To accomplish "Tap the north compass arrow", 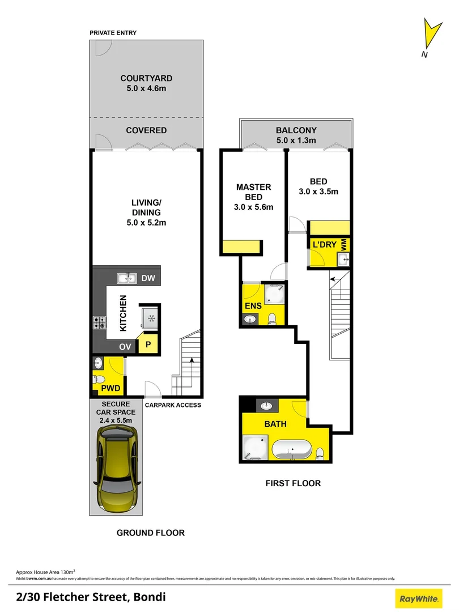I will (431, 36).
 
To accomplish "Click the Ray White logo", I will (419, 598).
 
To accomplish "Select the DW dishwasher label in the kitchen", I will (148, 278).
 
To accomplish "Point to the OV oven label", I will (125, 346).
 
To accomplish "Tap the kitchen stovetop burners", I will (99, 322).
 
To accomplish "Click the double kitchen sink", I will (127, 278).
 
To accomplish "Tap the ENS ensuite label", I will (253, 306).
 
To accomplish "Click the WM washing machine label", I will (343, 244).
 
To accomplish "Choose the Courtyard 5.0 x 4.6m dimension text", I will (146, 88).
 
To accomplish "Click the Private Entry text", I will (113, 33).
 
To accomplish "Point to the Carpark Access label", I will (173, 405).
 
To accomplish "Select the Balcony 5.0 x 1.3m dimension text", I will (296, 141).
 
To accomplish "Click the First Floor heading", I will (293, 483).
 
